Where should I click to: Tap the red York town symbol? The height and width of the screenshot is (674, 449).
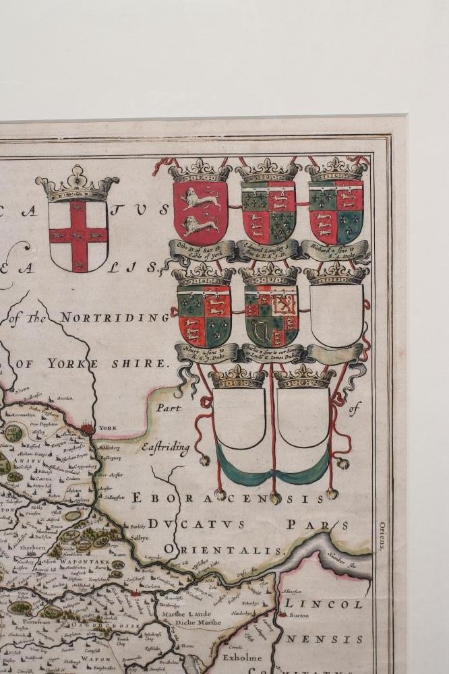87,427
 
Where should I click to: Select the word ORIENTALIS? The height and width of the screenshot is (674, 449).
222,550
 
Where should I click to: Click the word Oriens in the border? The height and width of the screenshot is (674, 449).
382,536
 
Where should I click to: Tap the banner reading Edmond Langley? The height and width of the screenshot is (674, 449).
268,249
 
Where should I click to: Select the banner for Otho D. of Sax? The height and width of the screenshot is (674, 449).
201,249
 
